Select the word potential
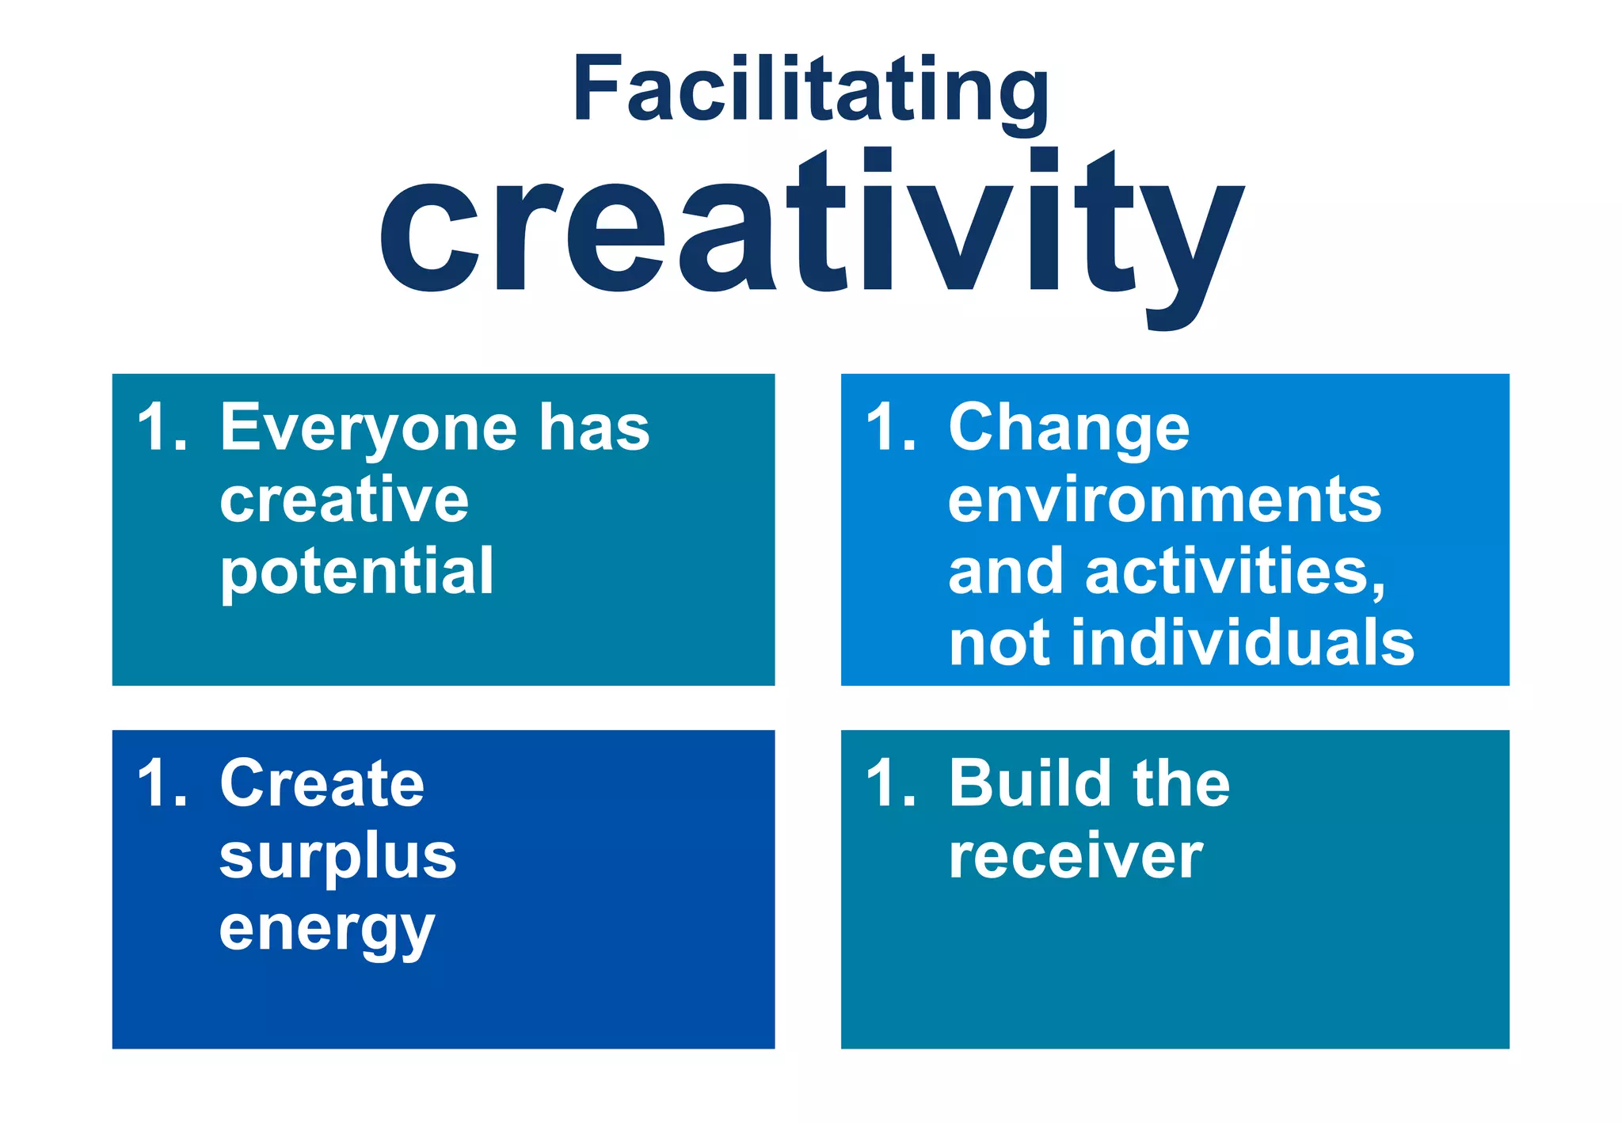(x=357, y=573)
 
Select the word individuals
(x=1243, y=643)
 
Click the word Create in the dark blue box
(x=322, y=784)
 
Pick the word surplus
(x=338, y=857)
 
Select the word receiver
(x=1076, y=857)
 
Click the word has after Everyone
(x=594, y=428)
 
